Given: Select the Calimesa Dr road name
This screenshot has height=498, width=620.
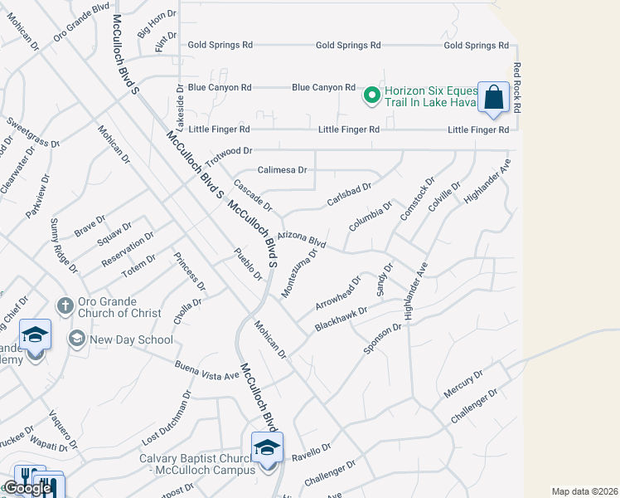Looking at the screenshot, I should pyautogui.click(x=283, y=170).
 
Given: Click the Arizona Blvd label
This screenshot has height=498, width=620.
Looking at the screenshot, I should pyautogui.click(x=302, y=240).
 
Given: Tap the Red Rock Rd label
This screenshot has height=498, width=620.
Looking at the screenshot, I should pyautogui.click(x=516, y=87).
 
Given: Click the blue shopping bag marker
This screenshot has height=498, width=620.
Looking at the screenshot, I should pyautogui.click(x=493, y=98).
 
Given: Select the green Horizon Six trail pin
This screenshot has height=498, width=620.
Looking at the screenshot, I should pyautogui.click(x=372, y=96).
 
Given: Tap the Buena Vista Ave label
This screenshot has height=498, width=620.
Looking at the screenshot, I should pyautogui.click(x=206, y=370).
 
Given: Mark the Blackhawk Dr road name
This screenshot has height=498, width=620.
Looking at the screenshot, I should pyautogui.click(x=341, y=320).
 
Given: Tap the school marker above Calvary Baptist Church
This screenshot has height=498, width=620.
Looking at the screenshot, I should pyautogui.click(x=267, y=448).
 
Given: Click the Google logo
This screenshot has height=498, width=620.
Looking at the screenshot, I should pyautogui.click(x=27, y=488).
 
